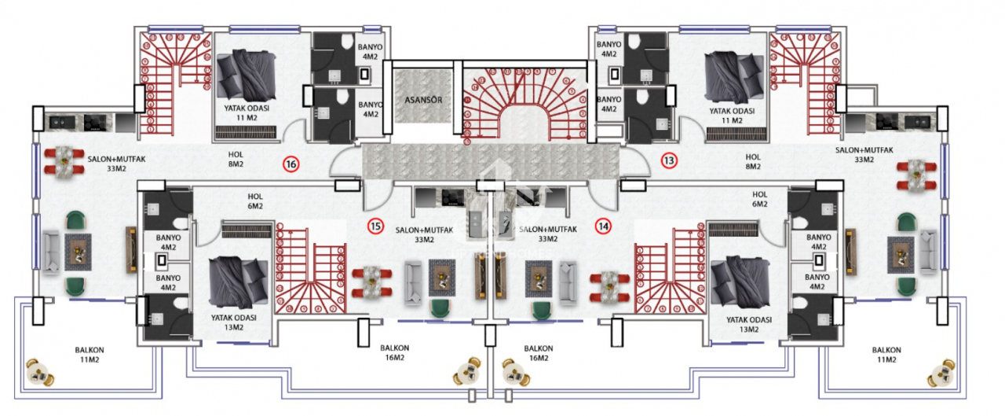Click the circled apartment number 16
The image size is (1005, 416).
291,164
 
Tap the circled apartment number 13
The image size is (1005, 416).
669,160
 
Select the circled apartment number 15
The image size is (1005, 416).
376,226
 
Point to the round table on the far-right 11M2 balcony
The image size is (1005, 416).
941,373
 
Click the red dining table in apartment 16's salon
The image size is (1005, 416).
63,160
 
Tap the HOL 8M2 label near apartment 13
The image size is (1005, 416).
753,161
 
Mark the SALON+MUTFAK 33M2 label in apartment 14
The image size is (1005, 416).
548,234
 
